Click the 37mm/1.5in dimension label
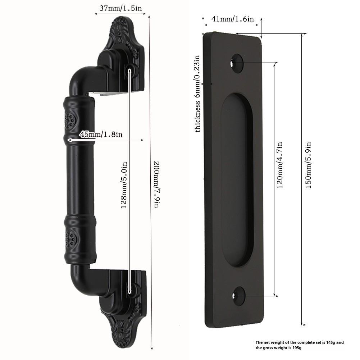coord(120,9)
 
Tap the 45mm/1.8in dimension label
coord(101,134)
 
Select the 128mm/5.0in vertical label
coord(124,185)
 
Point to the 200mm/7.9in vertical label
coord(156,184)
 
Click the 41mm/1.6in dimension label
coord(233,19)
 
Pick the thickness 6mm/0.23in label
coord(197,94)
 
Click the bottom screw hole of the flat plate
coord(239,296)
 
